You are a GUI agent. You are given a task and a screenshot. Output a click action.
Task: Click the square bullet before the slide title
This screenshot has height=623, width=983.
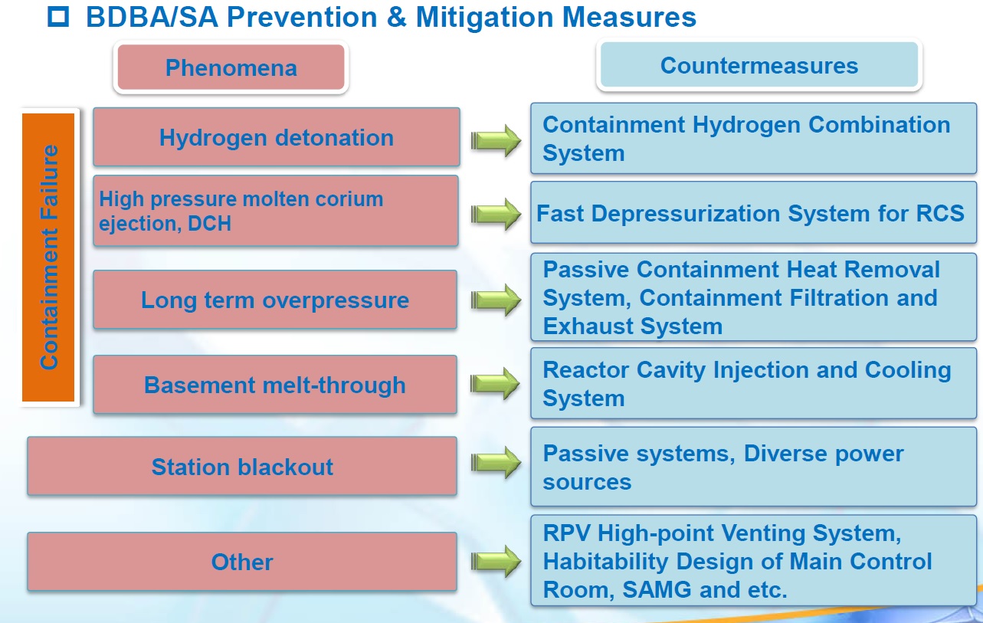pyautogui.click(x=58, y=17)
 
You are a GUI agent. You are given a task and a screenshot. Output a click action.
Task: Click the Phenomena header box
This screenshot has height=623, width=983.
pyautogui.click(x=231, y=67)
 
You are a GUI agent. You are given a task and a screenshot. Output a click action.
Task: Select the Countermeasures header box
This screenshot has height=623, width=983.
pyautogui.click(x=759, y=65)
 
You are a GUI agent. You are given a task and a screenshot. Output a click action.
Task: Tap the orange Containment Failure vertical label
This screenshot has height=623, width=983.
pyautogui.click(x=48, y=257)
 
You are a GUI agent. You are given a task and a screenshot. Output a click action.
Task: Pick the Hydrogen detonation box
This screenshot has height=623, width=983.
pyautogui.click(x=277, y=137)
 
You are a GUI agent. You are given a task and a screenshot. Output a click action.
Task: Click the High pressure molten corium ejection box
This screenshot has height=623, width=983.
pyautogui.click(x=276, y=211)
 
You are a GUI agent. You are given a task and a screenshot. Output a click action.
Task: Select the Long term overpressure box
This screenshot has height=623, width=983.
pyautogui.click(x=275, y=300)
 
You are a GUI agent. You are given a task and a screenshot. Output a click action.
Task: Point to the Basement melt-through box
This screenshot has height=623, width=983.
pyautogui.click(x=275, y=385)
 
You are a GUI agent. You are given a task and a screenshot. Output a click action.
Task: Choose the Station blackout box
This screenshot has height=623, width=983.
pyautogui.click(x=242, y=466)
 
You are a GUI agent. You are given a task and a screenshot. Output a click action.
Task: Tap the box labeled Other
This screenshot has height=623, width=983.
pyautogui.click(x=242, y=562)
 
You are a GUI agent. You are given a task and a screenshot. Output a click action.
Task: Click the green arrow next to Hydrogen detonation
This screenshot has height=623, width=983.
pyautogui.click(x=496, y=140)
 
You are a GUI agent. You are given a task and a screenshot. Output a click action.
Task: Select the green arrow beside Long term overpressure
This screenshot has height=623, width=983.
pyautogui.click(x=496, y=300)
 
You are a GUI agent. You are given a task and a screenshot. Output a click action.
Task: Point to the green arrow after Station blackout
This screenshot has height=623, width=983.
pyautogui.click(x=496, y=462)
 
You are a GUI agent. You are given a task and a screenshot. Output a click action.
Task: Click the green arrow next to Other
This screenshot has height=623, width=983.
pyautogui.click(x=496, y=561)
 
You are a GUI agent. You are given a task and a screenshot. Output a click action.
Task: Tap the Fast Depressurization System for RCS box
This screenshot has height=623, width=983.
pyautogui.click(x=753, y=212)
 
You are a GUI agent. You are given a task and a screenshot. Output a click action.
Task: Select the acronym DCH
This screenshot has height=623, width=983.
pyautogui.click(x=209, y=224)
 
